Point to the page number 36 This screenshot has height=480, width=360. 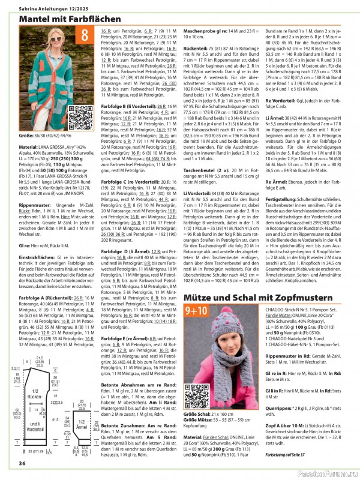coord(22,463)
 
